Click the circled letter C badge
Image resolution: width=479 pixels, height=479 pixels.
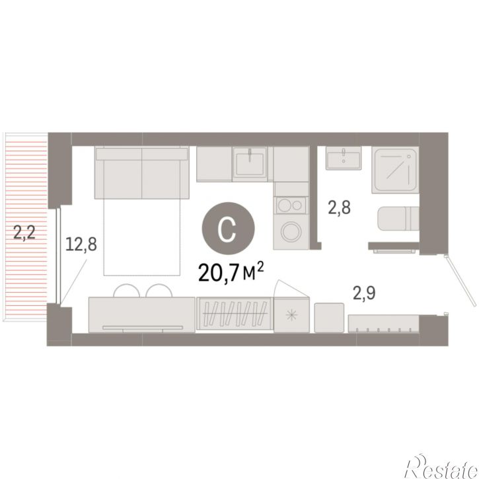pos(228,228)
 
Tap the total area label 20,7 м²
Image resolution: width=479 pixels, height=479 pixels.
pos(231,272)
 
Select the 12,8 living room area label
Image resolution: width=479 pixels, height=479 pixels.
pos(81,244)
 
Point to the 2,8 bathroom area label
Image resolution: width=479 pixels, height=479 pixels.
pos(339,207)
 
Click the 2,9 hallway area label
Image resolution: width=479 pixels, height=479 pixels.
pos(364,293)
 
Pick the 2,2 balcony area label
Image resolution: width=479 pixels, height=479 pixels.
pos(24,232)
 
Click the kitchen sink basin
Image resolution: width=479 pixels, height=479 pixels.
pos(250,164)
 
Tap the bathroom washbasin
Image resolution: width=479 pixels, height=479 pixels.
pos(344,158)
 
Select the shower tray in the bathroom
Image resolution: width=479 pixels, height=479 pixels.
pos(395,170)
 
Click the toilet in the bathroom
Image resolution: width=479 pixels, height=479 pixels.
pos(398,219)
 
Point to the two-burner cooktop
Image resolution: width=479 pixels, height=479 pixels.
pos(291,205)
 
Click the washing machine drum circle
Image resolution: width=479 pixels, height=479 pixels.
pos(291,231)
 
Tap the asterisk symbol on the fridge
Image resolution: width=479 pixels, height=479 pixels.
pos(292,315)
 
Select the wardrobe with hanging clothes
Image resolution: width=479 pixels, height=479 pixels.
pos(235,313)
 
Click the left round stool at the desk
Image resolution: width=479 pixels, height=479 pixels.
pos(126,291)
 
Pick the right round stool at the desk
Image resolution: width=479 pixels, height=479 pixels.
pos(159,291)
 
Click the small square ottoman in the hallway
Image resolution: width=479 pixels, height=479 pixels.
pos(329,317)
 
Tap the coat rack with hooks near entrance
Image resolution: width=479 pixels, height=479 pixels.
pos(384,324)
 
